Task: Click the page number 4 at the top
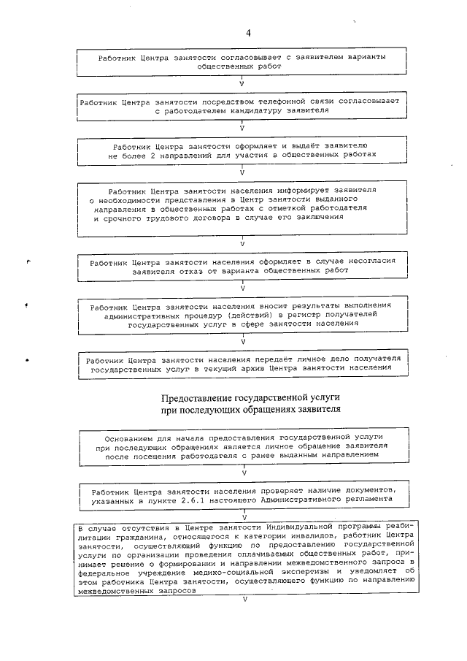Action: (x=248, y=34)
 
